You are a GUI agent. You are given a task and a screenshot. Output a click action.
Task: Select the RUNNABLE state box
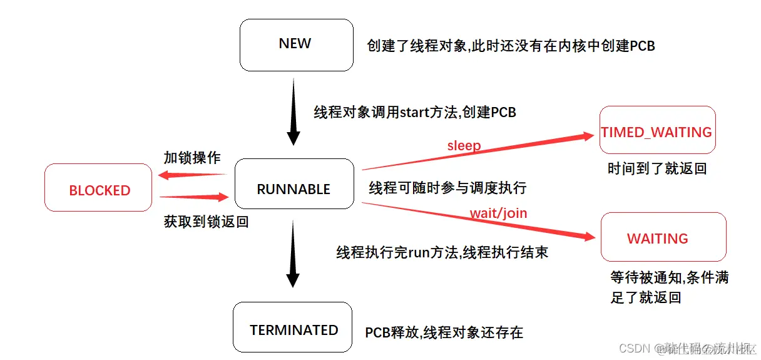point(294,184)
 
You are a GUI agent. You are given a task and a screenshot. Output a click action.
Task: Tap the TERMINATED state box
point(293,327)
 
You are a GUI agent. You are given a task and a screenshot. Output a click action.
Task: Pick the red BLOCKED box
point(98,187)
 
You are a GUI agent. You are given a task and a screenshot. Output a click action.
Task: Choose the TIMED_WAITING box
point(656,130)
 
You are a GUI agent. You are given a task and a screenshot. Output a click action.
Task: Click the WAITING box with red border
point(663,237)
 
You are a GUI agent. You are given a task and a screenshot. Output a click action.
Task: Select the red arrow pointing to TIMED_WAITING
point(476,152)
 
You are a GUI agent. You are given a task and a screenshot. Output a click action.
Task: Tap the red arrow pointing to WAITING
point(479,219)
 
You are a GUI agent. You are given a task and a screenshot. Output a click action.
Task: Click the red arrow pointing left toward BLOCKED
point(192,175)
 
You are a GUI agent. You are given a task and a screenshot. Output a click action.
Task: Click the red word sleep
point(464,146)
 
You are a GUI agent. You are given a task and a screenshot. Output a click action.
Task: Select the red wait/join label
point(498,213)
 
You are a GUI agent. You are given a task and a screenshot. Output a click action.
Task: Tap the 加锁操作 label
point(192,158)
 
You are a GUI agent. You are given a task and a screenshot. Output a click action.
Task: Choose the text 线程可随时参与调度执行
point(447,188)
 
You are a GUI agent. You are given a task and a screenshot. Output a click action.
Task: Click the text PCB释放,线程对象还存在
point(444,332)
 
